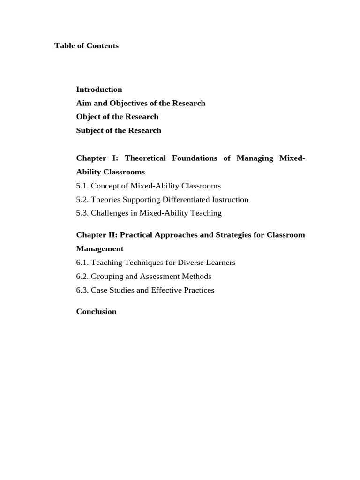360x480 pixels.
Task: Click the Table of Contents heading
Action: click(86, 46)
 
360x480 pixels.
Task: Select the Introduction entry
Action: click(99, 90)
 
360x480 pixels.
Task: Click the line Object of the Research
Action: click(117, 117)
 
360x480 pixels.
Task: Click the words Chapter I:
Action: click(97, 158)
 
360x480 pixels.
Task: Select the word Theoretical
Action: click(145, 158)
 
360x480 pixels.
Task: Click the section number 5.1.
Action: click(82, 186)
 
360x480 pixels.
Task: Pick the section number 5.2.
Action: click(82, 200)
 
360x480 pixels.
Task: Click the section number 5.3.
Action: click(82, 213)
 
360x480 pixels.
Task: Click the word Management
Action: click(100, 249)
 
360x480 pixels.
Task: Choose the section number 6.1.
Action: click(82, 262)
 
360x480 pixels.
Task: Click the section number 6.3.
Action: click(82, 290)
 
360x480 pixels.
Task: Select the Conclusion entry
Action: click(96, 312)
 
